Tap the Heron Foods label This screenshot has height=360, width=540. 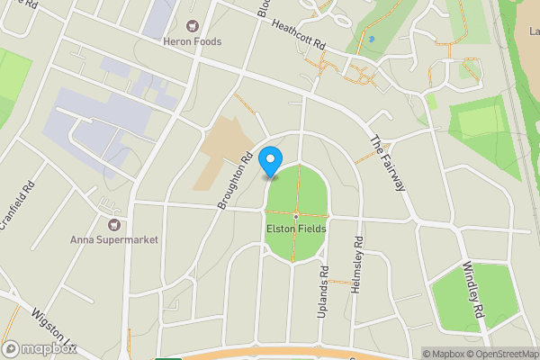(193, 41)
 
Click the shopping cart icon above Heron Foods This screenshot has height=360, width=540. (193, 26)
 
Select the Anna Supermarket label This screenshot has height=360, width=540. (113, 239)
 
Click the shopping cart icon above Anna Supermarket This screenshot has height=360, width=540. (113, 224)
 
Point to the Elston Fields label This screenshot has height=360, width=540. (295, 229)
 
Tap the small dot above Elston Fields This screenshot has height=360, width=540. (295, 216)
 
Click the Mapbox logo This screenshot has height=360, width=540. (39, 348)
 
